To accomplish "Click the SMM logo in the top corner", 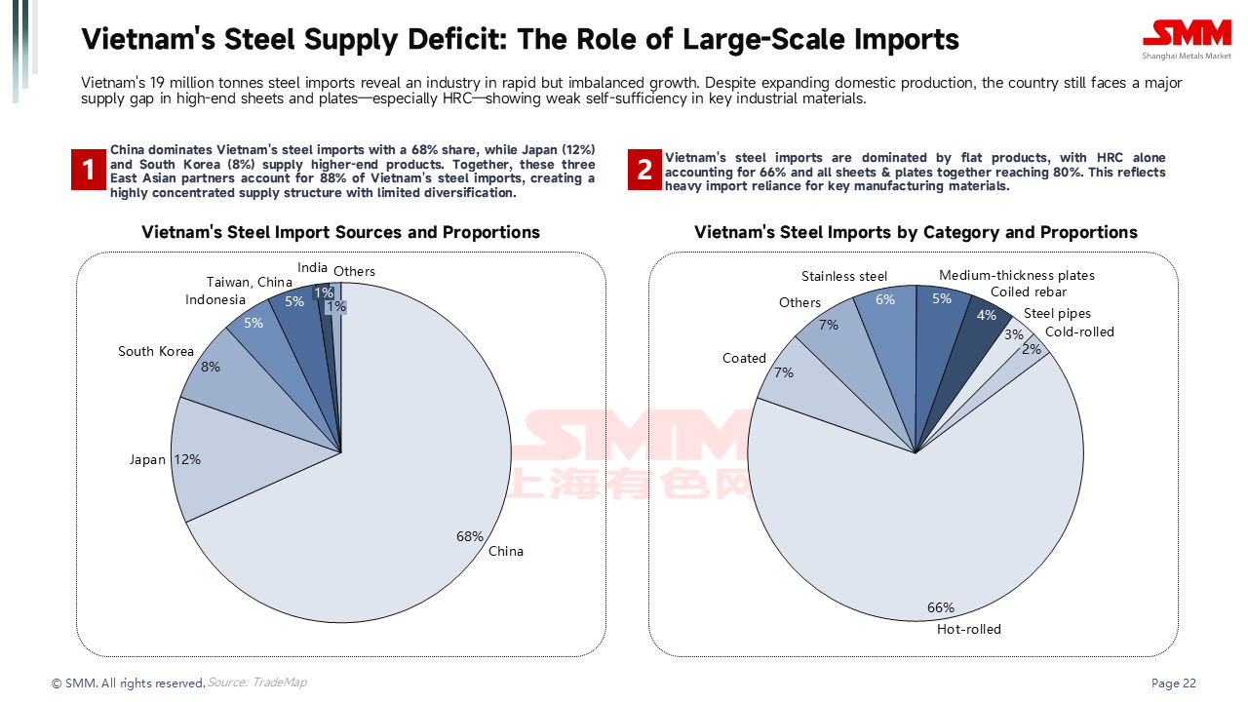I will [x=1187, y=38].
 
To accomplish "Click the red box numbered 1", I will [x=89, y=171].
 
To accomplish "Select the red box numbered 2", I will [x=644, y=171].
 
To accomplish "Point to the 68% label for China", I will [x=470, y=536].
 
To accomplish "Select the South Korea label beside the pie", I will [x=156, y=351].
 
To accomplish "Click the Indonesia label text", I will [x=215, y=299].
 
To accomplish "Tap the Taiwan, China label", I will [x=250, y=283].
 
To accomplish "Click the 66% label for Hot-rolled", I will [x=941, y=608].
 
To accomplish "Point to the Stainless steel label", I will [x=844, y=276].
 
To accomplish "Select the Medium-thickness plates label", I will [x=1017, y=276].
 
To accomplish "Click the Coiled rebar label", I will [x=1029, y=292].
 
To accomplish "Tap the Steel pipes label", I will [x=1057, y=314].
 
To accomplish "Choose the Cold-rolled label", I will [x=1079, y=331].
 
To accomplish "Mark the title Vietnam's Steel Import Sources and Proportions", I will [x=340, y=232].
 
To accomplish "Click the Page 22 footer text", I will [x=1174, y=683].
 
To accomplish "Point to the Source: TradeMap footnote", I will [x=256, y=682].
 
